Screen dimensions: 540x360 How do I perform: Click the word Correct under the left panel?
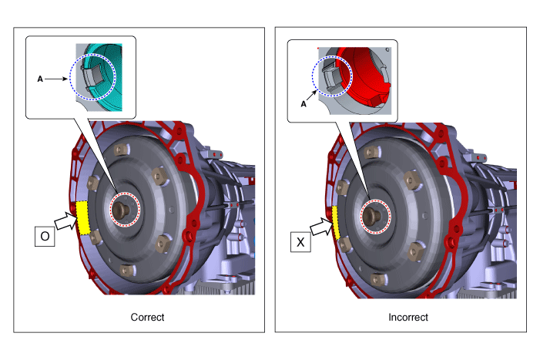pos(147,317)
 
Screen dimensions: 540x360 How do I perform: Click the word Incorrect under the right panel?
pos(408,317)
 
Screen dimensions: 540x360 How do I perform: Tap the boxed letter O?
pos(45,237)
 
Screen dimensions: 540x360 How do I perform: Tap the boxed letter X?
pos(300,242)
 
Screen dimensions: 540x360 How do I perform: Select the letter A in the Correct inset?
pos(40,79)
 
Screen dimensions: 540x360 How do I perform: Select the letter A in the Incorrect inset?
pos(304,104)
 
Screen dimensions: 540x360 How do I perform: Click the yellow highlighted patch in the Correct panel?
pos(82,217)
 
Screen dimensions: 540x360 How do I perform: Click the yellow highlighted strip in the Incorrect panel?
pos(336,223)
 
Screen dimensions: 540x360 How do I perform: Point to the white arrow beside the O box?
pos(65,220)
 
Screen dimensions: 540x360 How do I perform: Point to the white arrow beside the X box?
pos(322,227)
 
